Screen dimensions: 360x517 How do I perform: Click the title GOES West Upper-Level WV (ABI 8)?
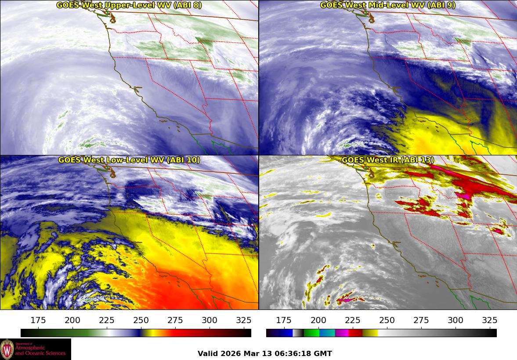tap(129, 5)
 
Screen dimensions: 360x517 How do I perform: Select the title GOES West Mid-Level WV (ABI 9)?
tap(387, 5)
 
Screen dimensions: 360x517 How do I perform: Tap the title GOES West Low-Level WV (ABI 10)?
tap(129, 160)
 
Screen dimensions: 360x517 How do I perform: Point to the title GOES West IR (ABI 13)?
tap(387, 160)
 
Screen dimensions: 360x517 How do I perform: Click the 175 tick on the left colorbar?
tap(39, 320)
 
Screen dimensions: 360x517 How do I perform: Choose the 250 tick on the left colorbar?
tap(141, 320)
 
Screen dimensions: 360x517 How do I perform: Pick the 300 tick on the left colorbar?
tap(210, 320)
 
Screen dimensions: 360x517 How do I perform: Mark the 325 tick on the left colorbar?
tap(244, 320)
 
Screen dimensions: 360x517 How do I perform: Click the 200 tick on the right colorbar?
tap(318, 320)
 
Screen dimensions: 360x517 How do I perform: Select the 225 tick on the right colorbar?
tap(353, 320)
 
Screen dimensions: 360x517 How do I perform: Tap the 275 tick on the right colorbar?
tap(421, 320)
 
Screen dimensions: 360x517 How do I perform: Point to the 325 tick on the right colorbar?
tap(490, 320)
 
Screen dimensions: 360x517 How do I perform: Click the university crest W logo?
tap(7, 349)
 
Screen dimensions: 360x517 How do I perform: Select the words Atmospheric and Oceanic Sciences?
tap(40, 350)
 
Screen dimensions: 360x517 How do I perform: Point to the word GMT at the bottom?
tap(323, 354)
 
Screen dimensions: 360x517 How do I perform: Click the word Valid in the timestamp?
tap(207, 354)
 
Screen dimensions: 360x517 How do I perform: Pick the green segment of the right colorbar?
tap(311, 333)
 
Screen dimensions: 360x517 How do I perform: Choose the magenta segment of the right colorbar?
tap(342, 333)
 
